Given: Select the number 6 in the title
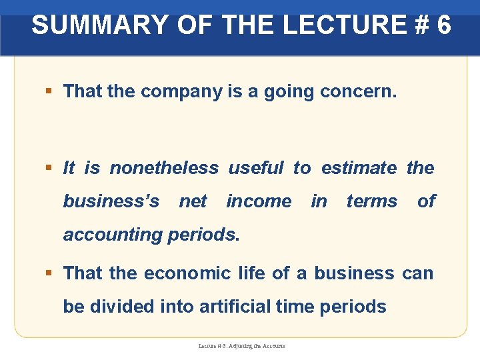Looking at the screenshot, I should [443, 25].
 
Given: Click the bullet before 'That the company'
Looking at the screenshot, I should [49, 92].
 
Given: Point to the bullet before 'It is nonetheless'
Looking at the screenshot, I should [49, 168].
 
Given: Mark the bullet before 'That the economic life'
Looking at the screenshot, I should [49, 273].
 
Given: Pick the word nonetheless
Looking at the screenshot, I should [163, 168].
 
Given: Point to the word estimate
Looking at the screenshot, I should [359, 168].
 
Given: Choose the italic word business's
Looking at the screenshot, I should [111, 201].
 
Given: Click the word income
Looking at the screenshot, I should [259, 201].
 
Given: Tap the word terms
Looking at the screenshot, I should [371, 201].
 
